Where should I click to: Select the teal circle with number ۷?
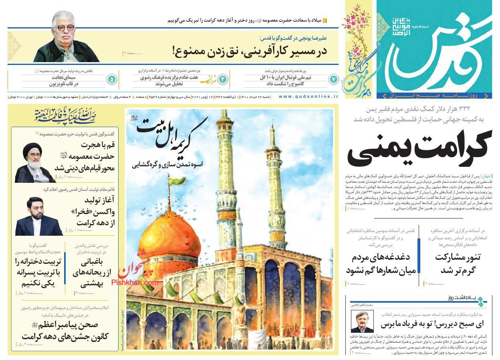[333, 79]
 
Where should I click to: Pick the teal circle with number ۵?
[112, 79]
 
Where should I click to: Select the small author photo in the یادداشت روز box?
[362, 322]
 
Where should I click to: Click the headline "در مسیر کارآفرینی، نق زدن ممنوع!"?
[250, 51]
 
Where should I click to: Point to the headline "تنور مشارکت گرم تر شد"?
[458, 263]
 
